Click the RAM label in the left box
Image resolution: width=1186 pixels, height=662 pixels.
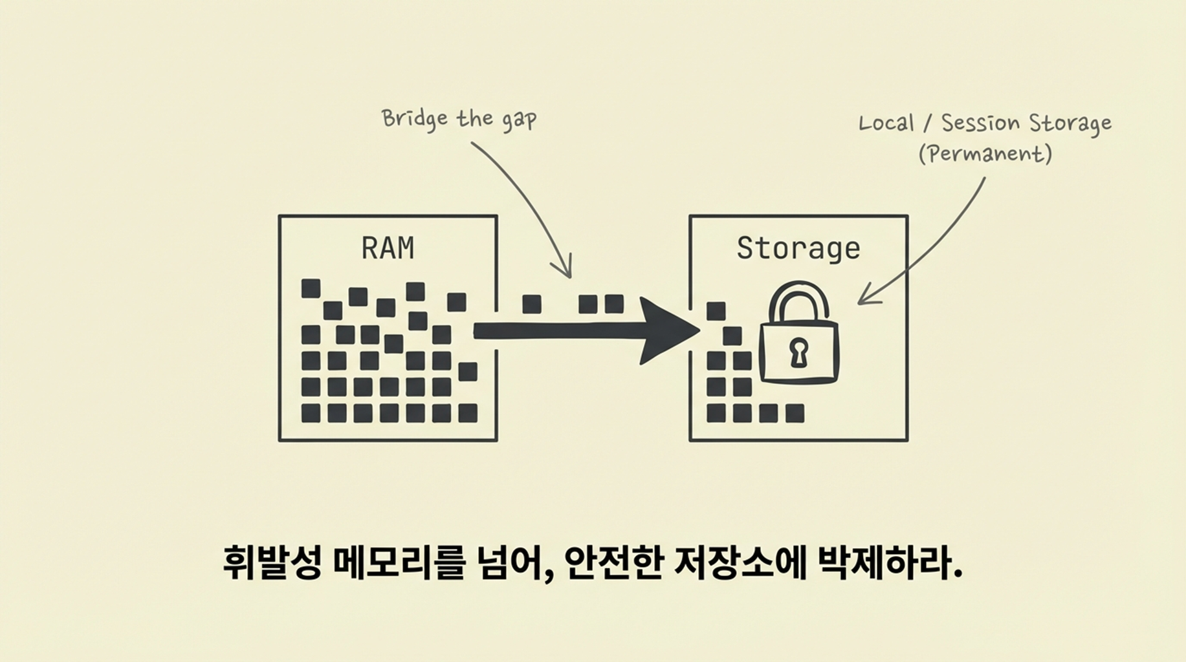coord(388,248)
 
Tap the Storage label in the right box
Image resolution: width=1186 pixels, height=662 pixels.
coord(798,249)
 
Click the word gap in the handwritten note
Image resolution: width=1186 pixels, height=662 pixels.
coord(519,120)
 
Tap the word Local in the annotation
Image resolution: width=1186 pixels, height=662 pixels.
coord(886,123)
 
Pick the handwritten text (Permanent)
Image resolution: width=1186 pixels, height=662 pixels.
coord(985,154)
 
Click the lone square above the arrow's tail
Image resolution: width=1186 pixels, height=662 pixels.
coord(531,304)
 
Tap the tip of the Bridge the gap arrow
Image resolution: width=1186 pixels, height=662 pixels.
coord(569,277)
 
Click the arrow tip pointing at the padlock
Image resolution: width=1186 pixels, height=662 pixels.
coord(860,301)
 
